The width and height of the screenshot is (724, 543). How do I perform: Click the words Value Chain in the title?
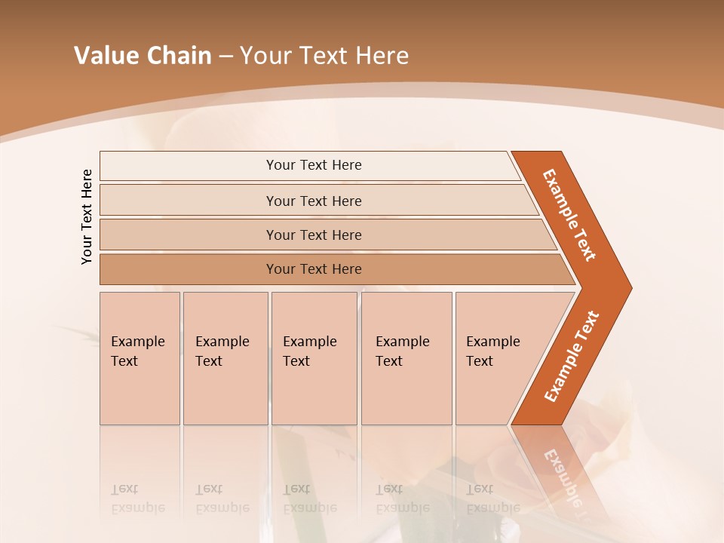point(143,56)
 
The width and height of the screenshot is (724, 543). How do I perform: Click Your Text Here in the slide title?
point(324,56)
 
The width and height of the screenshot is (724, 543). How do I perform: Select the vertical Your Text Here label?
point(87,216)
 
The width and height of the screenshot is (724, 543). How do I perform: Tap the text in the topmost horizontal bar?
point(314,165)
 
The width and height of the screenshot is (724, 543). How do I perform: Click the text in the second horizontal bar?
point(314,201)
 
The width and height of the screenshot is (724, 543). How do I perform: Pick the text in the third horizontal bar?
point(314,235)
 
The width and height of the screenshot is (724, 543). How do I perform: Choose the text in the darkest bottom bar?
point(314,269)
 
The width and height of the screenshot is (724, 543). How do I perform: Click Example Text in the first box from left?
point(137,351)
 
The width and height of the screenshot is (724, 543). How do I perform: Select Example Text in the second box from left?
point(222,351)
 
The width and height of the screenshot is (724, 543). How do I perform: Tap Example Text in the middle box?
point(309,351)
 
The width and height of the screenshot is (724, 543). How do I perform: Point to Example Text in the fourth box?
point(402,351)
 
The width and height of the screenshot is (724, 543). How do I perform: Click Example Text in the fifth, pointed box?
point(492,351)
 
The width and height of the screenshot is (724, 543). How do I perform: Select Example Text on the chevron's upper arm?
point(569,215)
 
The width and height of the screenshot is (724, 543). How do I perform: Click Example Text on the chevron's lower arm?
point(572,357)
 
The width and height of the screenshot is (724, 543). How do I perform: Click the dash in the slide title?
point(225,57)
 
